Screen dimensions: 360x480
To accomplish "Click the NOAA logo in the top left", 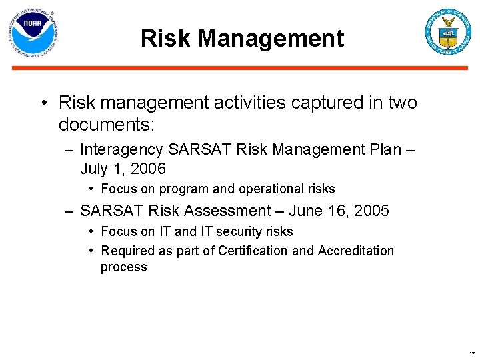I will (x=33, y=33).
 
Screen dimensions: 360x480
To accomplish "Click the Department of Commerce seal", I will (x=448, y=32).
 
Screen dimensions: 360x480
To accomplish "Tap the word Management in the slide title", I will (x=271, y=39).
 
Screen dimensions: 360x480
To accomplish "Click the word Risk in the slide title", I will (x=166, y=39).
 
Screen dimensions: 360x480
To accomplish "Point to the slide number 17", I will (x=471, y=353).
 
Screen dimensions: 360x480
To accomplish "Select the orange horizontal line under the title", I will (x=240, y=68).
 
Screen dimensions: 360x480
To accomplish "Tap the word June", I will (x=309, y=211).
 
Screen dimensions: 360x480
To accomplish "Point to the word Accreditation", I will (x=355, y=251).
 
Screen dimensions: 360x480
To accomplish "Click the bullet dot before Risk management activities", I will (x=43, y=103).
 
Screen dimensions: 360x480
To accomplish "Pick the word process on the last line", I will (x=123, y=267).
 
